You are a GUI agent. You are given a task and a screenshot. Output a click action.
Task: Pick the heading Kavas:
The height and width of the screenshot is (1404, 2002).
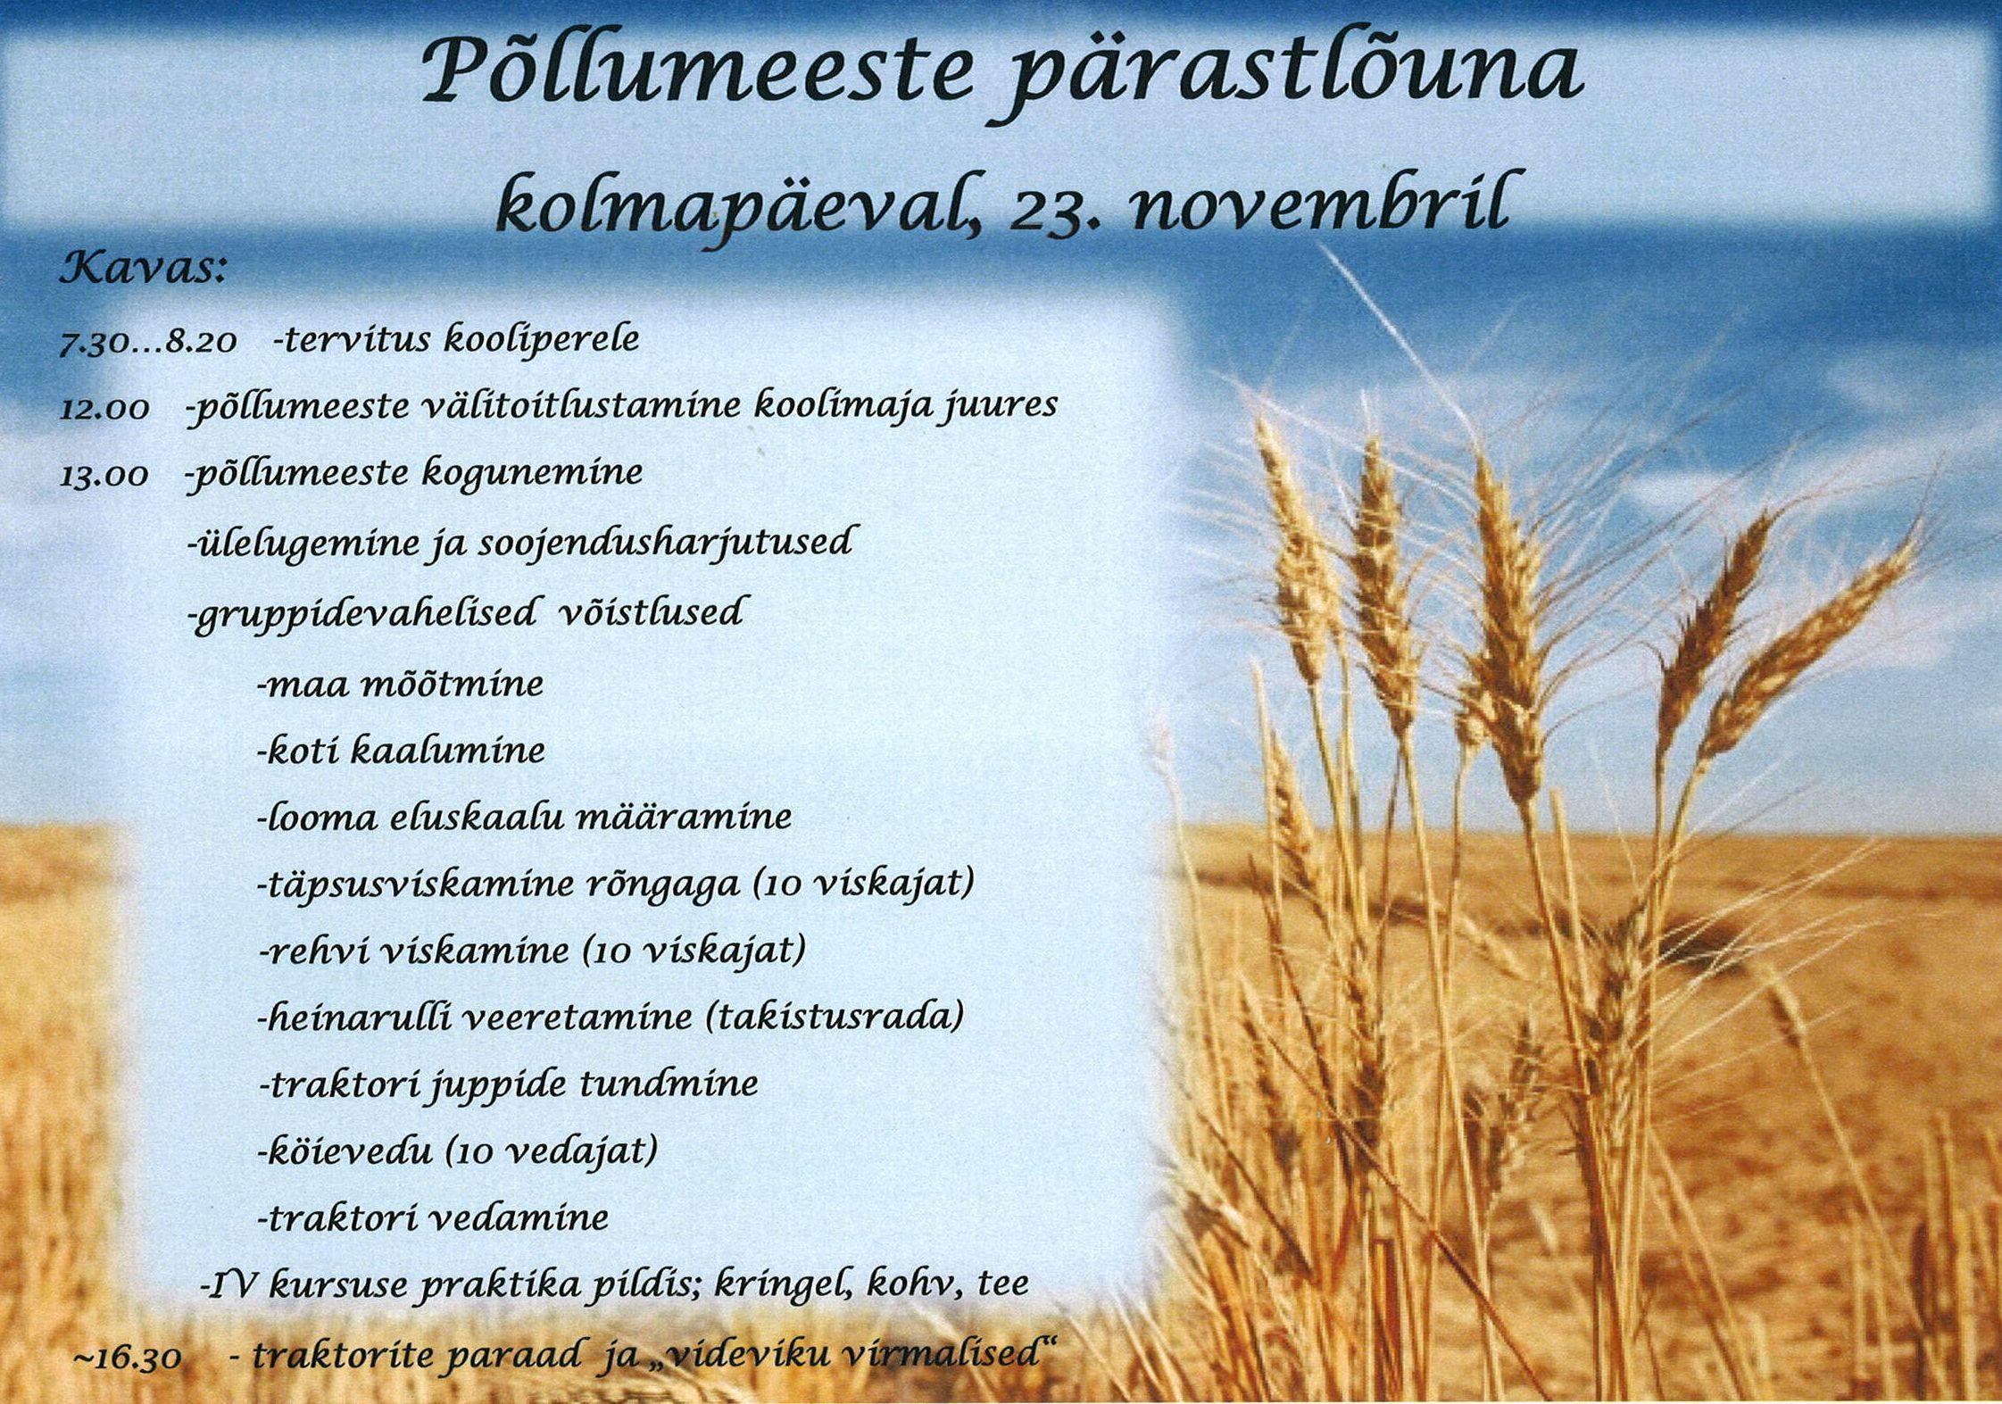click(x=142, y=268)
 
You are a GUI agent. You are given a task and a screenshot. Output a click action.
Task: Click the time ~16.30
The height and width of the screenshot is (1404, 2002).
click(x=129, y=1358)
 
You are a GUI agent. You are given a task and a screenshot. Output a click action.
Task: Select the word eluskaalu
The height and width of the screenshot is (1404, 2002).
click(x=475, y=817)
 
